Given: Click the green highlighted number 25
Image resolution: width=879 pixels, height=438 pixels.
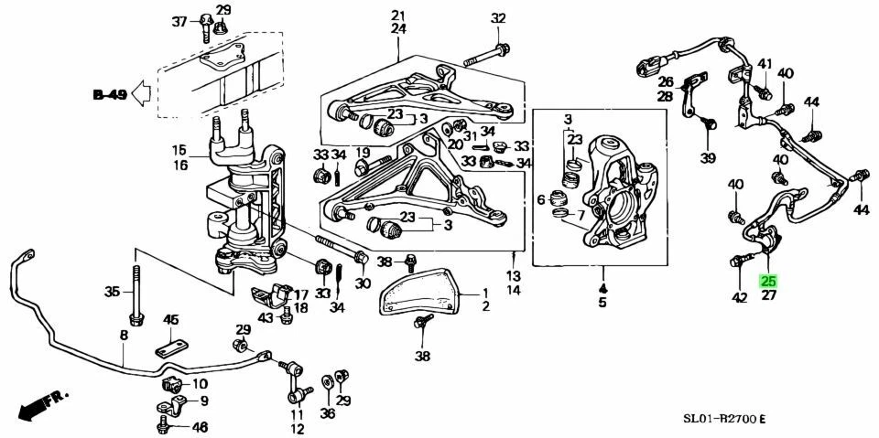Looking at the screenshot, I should pos(768,281).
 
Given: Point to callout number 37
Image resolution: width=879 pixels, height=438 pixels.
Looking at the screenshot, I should pos(179,21).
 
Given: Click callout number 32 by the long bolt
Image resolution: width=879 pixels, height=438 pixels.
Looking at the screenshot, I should pos(497,18).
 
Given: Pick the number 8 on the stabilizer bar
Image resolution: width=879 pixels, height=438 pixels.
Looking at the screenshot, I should pos(125,336).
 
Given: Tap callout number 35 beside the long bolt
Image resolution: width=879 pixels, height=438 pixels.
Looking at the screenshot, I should pos(112,293).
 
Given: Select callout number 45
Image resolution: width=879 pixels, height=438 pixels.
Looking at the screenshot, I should pos(170,319).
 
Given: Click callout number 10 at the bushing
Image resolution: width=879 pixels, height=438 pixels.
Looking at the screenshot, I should pos(200,383).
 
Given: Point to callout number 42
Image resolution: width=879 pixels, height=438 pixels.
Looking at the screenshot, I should pos(740,296).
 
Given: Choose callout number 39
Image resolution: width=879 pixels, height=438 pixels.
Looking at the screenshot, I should pos(708,158).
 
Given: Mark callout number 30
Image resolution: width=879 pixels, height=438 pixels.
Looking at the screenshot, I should pos(364,283).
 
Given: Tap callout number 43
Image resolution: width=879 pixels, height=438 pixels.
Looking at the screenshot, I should pos(265,317).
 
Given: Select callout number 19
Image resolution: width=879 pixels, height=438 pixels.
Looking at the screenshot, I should pos(363,153).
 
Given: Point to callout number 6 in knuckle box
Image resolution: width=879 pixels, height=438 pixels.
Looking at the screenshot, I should pos(541,199).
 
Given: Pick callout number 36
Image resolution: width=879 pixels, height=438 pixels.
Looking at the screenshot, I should pos(328,413).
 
